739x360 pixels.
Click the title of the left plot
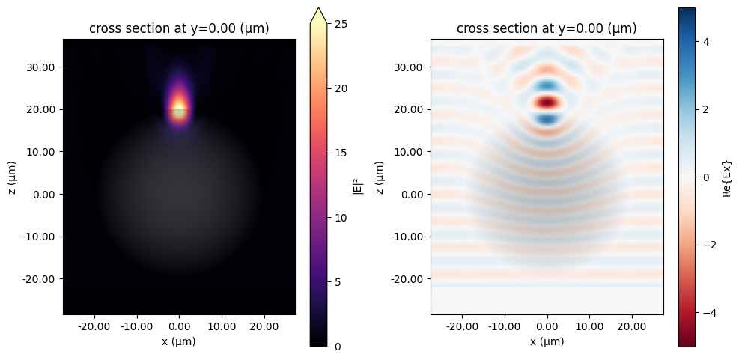179,29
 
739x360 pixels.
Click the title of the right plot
547,29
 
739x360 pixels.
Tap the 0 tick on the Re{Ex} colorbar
706,177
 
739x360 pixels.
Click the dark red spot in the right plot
547,102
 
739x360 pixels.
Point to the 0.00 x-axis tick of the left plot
179,326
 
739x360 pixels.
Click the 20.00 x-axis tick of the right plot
632,326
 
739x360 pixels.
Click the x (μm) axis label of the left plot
179,341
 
